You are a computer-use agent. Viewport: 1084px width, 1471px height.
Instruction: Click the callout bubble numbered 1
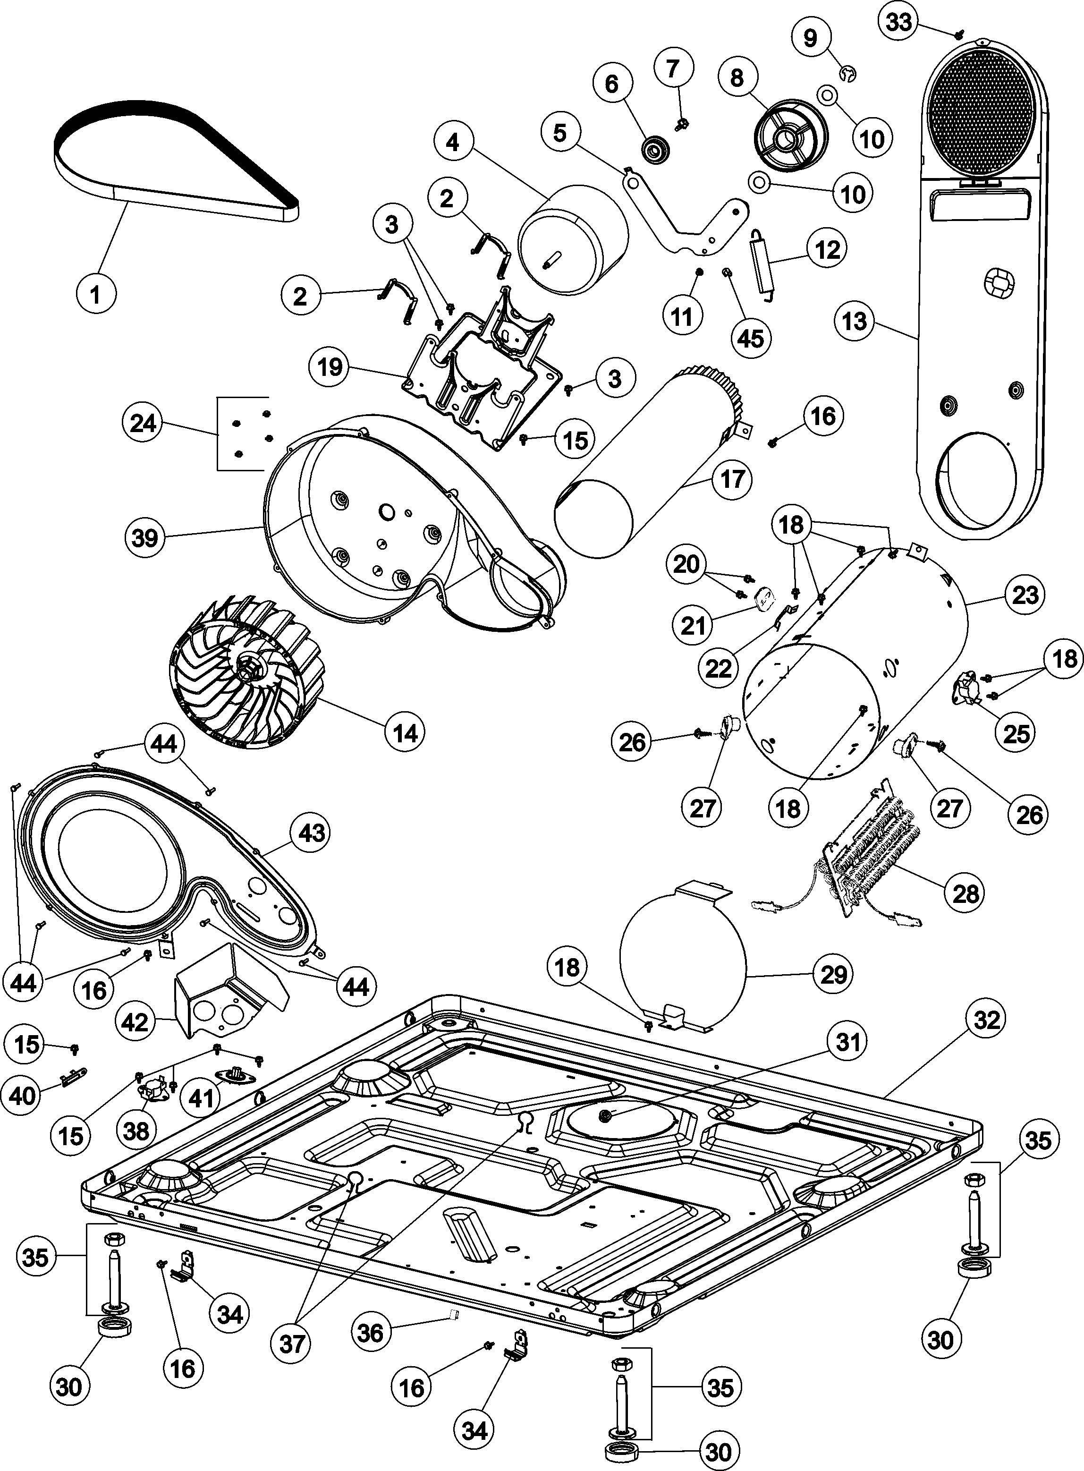click(x=96, y=295)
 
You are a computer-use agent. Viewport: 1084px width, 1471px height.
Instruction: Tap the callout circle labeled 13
click(x=855, y=322)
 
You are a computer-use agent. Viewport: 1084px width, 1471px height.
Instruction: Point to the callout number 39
click(x=144, y=538)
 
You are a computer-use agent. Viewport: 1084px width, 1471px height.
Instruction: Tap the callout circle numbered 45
click(x=751, y=339)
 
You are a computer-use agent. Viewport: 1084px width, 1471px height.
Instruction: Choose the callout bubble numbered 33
click(x=898, y=22)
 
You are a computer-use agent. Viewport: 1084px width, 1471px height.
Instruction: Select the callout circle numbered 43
click(x=312, y=833)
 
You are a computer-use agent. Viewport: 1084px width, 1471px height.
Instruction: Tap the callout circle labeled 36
click(x=370, y=1333)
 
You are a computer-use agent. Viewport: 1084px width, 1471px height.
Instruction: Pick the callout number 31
click(x=847, y=1042)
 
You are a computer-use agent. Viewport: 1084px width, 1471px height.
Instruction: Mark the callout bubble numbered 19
click(x=330, y=367)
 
